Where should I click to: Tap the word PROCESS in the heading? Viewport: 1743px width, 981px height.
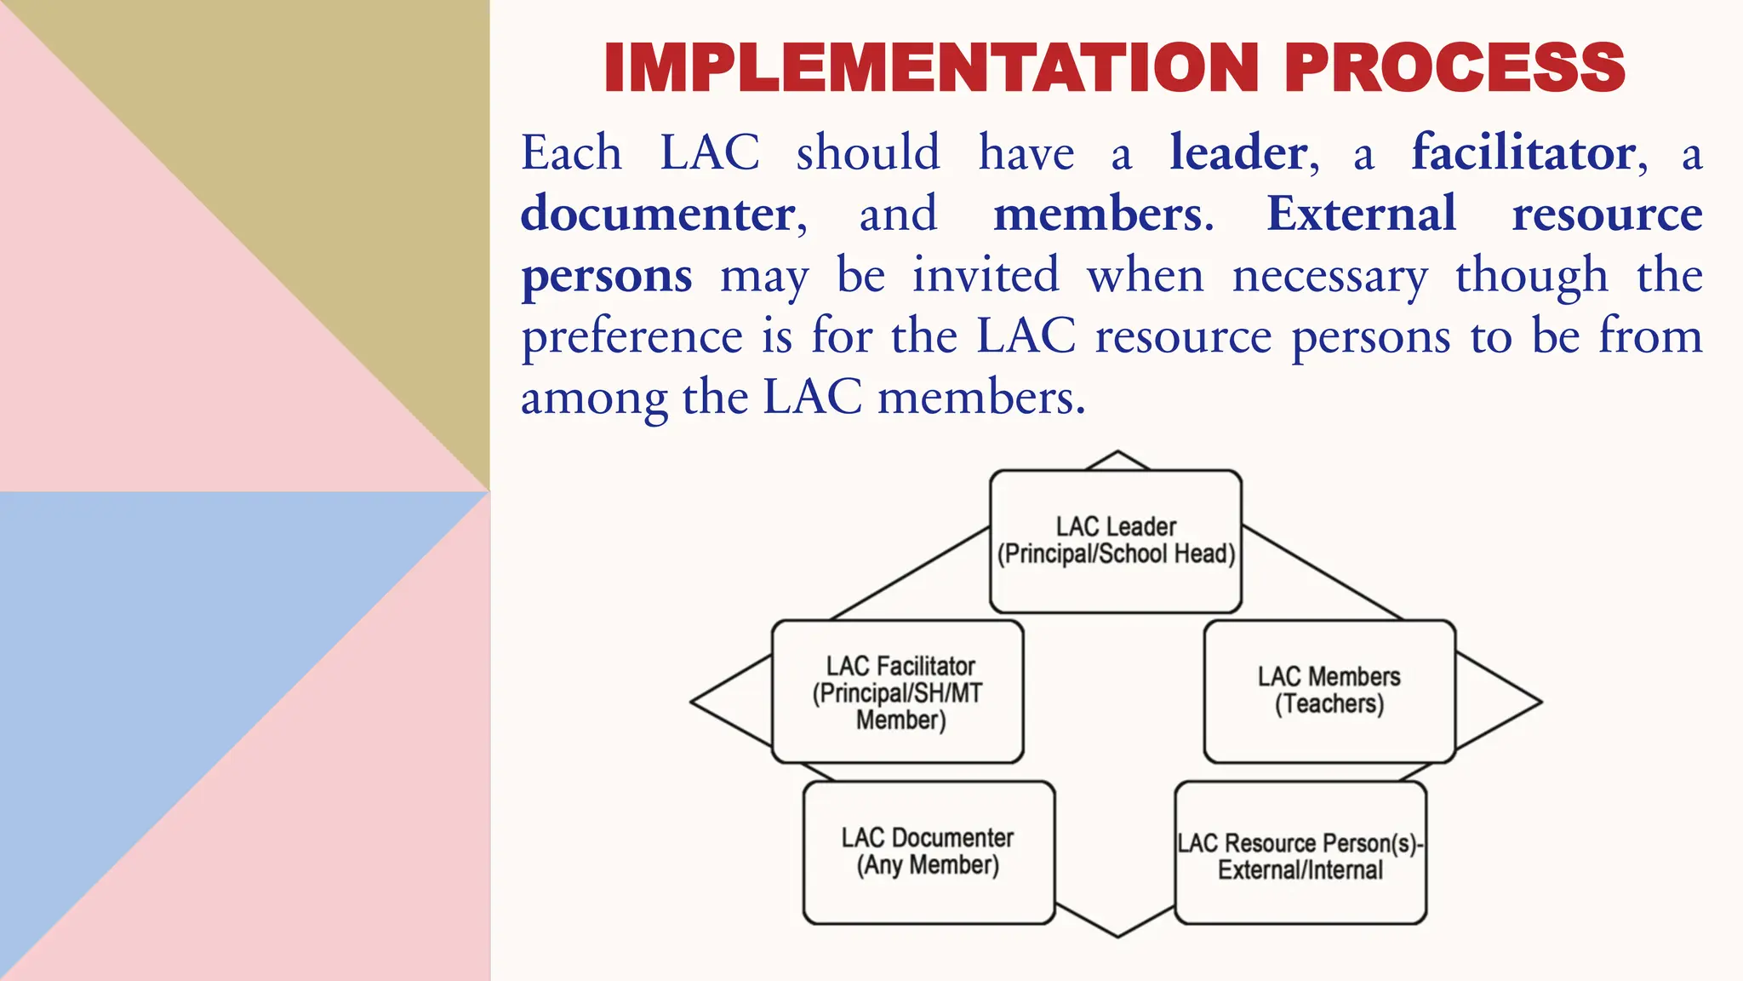(x=1454, y=67)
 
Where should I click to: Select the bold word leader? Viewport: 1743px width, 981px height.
(x=1238, y=153)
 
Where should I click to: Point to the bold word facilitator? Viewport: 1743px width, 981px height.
(x=1523, y=153)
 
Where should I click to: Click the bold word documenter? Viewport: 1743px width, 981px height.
(x=658, y=214)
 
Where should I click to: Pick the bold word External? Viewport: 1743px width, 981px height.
(x=1361, y=214)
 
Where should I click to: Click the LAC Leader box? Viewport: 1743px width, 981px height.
(x=1116, y=541)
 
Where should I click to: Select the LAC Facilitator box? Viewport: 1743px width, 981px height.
(x=898, y=691)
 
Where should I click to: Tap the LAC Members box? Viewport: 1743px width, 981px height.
(x=1329, y=691)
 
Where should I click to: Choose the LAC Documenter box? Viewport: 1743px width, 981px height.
(x=929, y=852)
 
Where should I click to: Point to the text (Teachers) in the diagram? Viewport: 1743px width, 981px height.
(x=1329, y=704)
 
